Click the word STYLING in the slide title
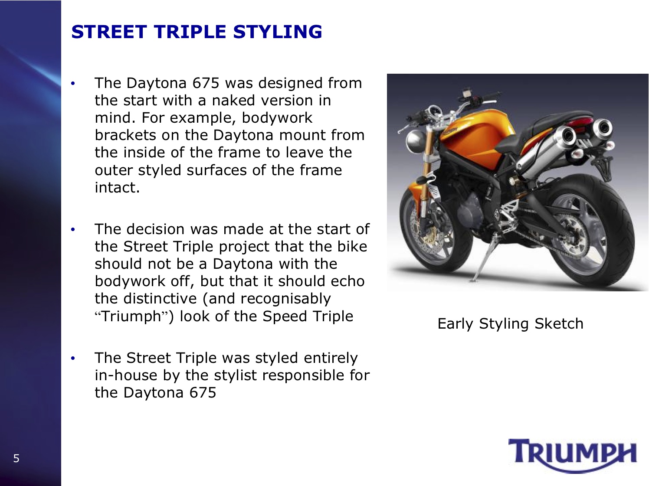pos(277,32)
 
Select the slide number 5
pos(16,459)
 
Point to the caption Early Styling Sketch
pos(510,324)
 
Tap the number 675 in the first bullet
pos(206,83)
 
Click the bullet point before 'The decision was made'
pos(73,229)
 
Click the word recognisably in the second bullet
pos(285,299)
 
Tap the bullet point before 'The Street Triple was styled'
pos(73,359)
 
